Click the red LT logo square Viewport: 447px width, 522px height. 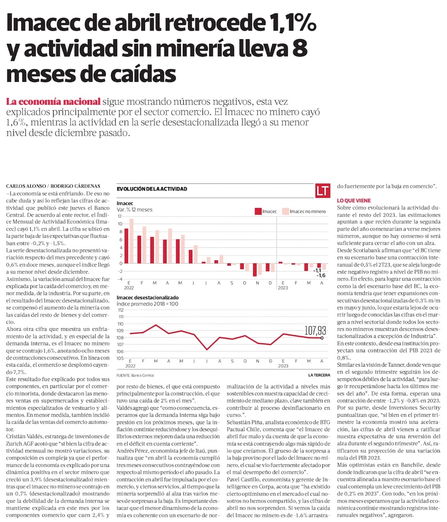click(x=322, y=191)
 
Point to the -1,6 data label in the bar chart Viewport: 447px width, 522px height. click(x=321, y=276)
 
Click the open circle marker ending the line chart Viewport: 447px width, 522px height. click(x=322, y=338)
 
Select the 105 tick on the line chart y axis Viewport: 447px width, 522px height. click(x=120, y=358)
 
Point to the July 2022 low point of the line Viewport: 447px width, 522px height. click(x=207, y=349)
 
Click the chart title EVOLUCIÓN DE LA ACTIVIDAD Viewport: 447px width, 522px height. click(x=152, y=189)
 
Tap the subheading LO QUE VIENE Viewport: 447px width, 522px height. click(x=354, y=201)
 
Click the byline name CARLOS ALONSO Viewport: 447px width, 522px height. click(x=22, y=186)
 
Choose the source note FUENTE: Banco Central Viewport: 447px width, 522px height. click(x=135, y=375)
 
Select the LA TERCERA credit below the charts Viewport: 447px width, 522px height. click(x=318, y=375)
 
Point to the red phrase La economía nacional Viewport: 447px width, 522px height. click(x=53, y=101)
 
